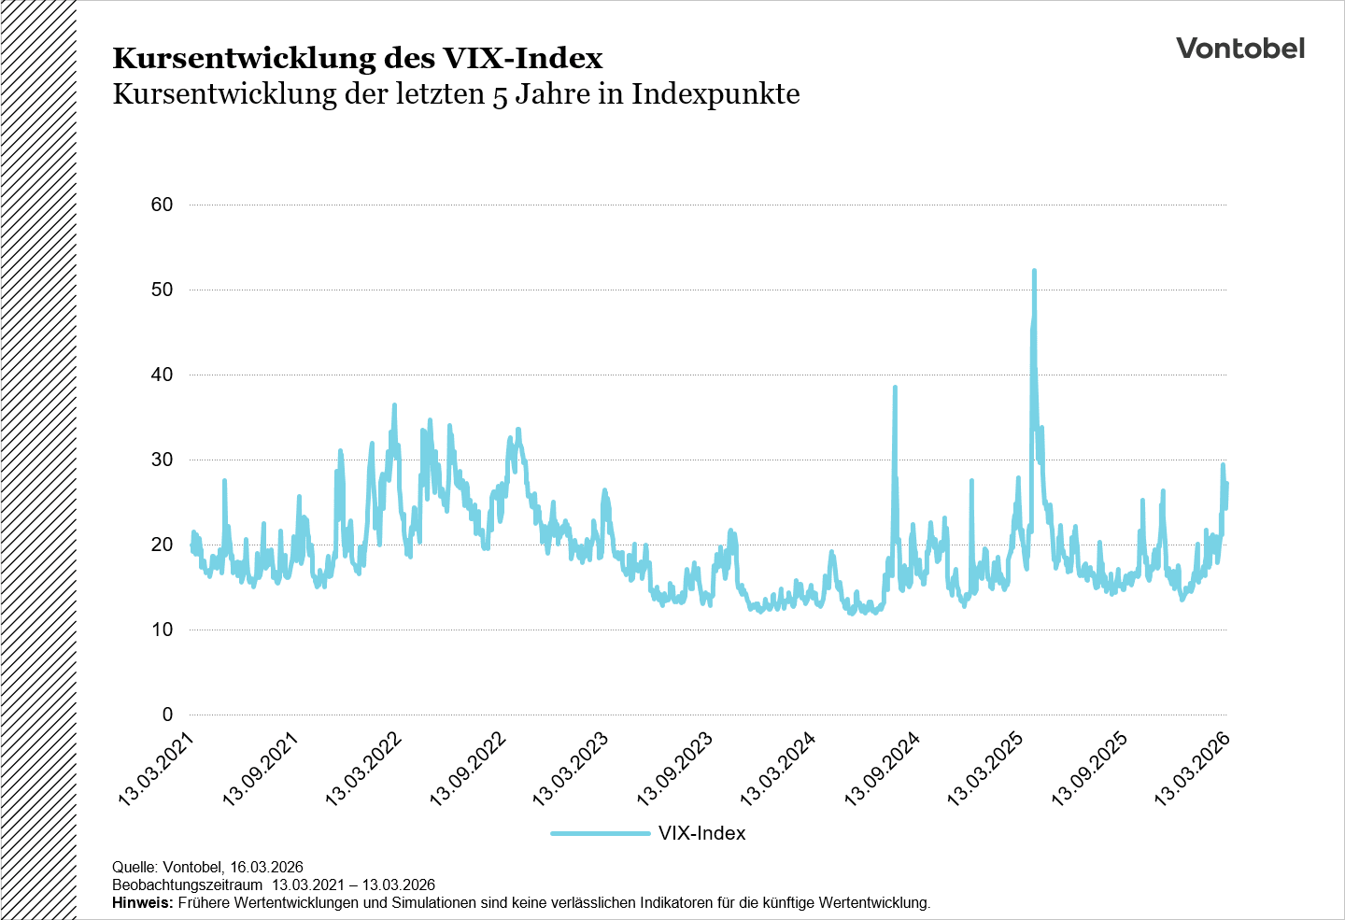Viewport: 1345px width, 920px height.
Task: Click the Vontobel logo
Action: (1239, 49)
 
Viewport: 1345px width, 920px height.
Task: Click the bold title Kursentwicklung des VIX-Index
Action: (357, 58)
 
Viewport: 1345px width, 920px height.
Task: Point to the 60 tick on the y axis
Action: (162, 205)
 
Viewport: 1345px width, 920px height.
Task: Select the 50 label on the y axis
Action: (162, 290)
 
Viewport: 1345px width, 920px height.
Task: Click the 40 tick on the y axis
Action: (162, 375)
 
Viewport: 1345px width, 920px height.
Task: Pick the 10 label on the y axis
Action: (162, 630)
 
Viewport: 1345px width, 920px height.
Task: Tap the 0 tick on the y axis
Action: (167, 715)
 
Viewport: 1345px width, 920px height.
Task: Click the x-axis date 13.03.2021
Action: (157, 768)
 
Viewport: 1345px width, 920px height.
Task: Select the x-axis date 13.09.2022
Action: (468, 768)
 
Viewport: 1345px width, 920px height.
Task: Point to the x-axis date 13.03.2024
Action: (778, 768)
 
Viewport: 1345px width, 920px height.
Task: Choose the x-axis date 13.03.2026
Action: (1193, 768)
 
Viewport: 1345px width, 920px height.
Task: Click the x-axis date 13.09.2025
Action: (1090, 768)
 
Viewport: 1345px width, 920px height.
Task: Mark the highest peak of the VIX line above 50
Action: (1034, 272)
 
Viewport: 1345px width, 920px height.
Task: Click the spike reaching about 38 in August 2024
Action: (895, 388)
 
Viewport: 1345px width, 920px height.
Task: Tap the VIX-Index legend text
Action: (701, 833)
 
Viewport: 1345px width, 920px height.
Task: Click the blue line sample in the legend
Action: (600, 833)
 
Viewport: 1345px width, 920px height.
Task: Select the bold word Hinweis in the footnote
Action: (142, 903)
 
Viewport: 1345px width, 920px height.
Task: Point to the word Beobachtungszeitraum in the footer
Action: (187, 885)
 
